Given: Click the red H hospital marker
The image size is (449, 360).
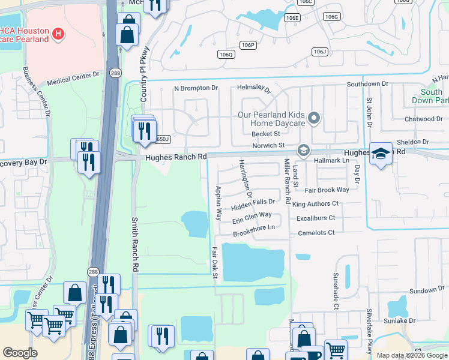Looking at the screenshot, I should pyautogui.click(x=58, y=32).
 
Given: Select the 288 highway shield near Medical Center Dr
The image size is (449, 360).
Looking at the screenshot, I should pyautogui.click(x=115, y=73).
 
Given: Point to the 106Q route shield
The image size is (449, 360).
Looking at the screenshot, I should pyautogui.click(x=226, y=55).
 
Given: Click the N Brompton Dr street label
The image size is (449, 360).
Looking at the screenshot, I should pyautogui.click(x=196, y=88).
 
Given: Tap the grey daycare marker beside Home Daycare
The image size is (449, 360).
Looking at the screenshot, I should pyautogui.click(x=313, y=118).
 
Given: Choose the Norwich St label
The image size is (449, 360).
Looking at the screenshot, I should pyautogui.click(x=268, y=145).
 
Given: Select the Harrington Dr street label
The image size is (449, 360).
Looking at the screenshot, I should pyautogui.click(x=244, y=178).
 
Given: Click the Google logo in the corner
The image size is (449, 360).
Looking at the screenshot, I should pyautogui.click(x=20, y=353).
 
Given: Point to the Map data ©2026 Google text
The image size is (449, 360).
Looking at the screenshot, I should pyautogui.click(x=412, y=355).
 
